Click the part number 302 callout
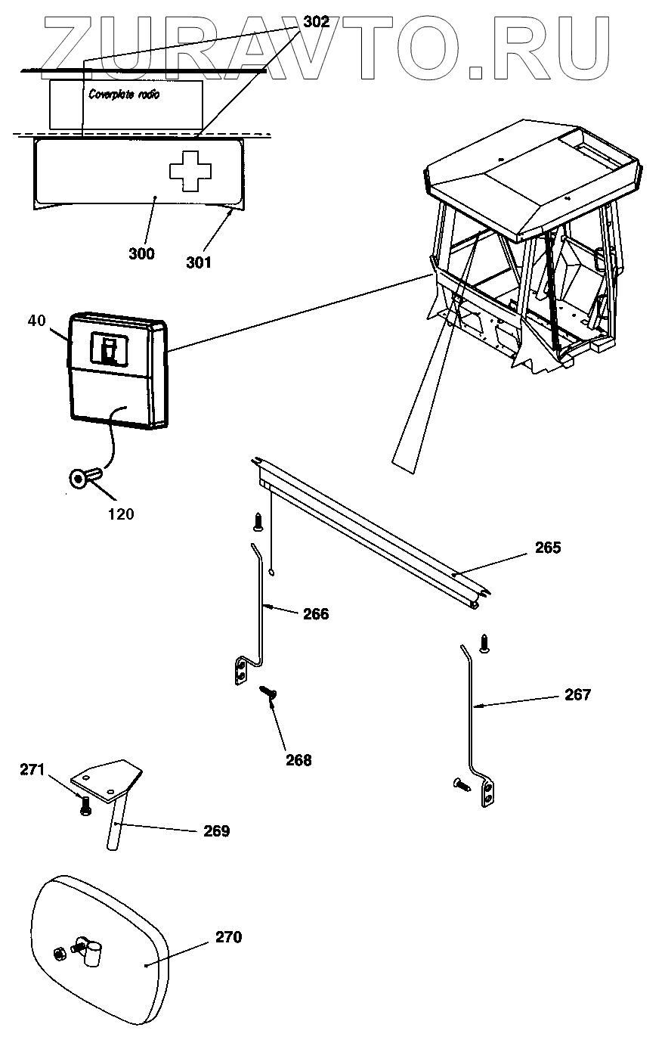pos(317,22)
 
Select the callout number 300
pos(141,254)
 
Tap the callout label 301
pos(199,262)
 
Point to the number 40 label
pos(37,321)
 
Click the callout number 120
pos(121,514)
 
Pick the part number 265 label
pos(548,548)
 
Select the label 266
pos(316,613)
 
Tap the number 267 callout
pos(577,695)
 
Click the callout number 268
pos(298,760)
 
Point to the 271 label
pos(32,770)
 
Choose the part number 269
pos(217,830)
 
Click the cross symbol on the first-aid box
pos(190,171)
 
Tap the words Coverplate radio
pos(124,95)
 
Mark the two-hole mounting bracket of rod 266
pos(241,671)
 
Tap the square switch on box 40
pos(109,348)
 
